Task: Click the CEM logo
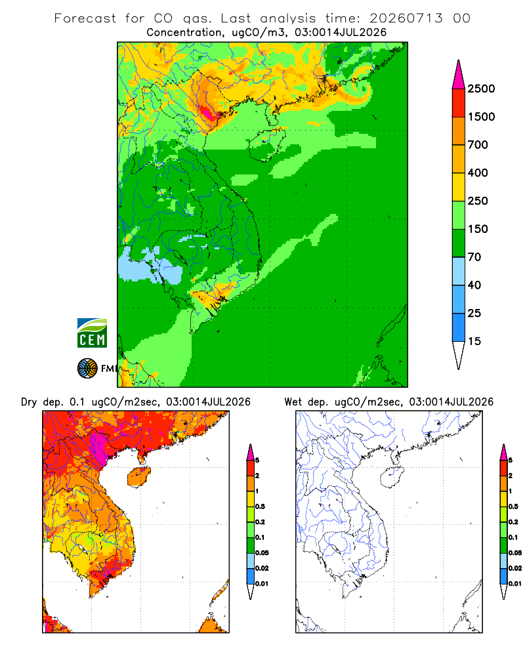click(x=92, y=333)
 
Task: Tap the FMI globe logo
click(x=87, y=369)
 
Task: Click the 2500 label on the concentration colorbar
click(x=481, y=89)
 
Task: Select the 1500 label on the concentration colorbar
click(x=481, y=117)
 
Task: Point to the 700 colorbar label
click(x=478, y=145)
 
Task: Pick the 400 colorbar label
click(x=478, y=173)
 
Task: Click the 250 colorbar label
click(x=478, y=201)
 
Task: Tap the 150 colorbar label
click(x=478, y=229)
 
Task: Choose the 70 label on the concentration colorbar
click(x=474, y=257)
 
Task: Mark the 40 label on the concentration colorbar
click(x=474, y=285)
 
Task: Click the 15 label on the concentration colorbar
click(x=474, y=341)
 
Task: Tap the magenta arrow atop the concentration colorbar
click(x=459, y=75)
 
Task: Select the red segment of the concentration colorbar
click(x=459, y=103)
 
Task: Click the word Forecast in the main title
click(x=85, y=18)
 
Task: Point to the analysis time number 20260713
click(x=406, y=18)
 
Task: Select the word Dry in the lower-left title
click(x=29, y=402)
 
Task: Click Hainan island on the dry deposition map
click(x=139, y=476)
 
